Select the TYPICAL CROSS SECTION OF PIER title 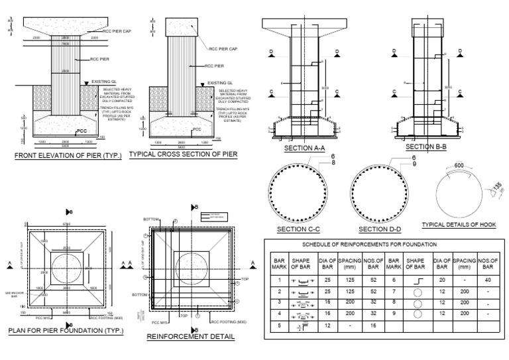183,154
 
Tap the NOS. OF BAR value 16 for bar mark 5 373,327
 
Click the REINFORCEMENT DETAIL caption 190,337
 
